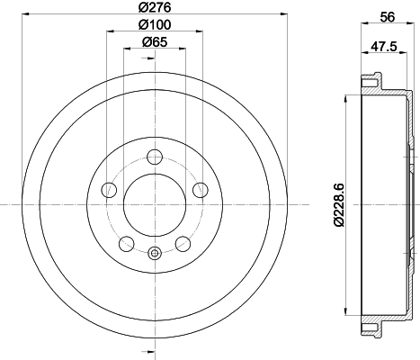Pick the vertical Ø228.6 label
[336, 203]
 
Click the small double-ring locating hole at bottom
[154, 253]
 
